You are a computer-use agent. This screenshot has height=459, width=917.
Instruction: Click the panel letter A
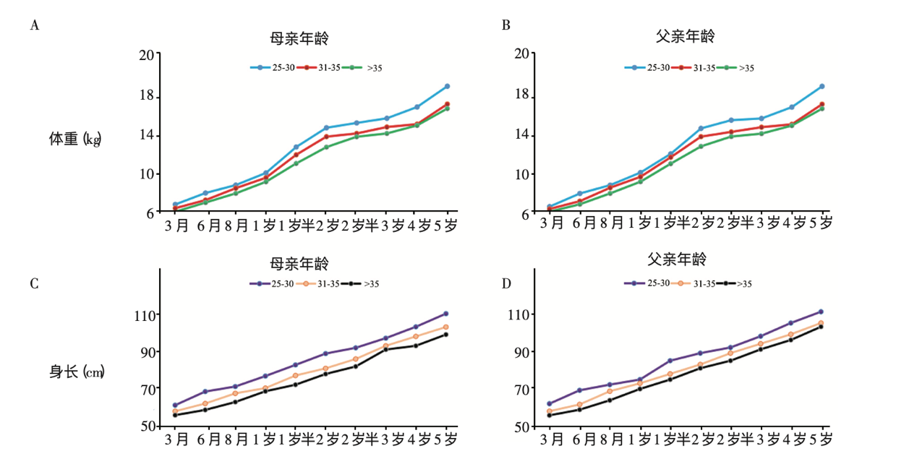click(34, 26)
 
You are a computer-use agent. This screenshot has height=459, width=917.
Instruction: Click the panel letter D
click(506, 283)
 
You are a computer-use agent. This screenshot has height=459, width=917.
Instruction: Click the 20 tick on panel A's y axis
click(148, 54)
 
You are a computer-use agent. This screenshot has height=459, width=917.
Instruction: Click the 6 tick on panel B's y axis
click(526, 213)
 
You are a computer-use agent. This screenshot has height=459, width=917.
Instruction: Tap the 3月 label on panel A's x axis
click(176, 225)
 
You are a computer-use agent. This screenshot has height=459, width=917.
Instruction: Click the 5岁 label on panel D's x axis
click(820, 439)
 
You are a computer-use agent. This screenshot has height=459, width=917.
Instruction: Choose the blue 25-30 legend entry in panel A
click(271, 68)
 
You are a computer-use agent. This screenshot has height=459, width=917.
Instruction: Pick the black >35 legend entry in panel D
click(733, 284)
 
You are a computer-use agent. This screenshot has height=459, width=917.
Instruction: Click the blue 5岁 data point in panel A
click(448, 86)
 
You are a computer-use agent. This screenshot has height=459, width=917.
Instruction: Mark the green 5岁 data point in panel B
click(822, 108)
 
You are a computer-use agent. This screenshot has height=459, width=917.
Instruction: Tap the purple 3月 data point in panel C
click(175, 406)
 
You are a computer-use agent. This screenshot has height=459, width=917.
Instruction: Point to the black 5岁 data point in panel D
click(821, 327)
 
